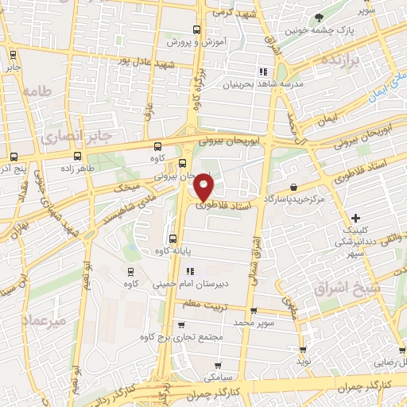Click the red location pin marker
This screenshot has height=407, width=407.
click(x=204, y=185)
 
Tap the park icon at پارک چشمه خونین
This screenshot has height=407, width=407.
click(x=320, y=17)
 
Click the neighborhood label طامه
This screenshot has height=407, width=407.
click(x=37, y=91)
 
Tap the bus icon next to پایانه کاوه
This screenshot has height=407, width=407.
click(x=172, y=238)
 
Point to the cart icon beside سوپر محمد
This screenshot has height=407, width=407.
click(x=254, y=312)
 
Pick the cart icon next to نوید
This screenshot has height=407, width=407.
click(x=303, y=349)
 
